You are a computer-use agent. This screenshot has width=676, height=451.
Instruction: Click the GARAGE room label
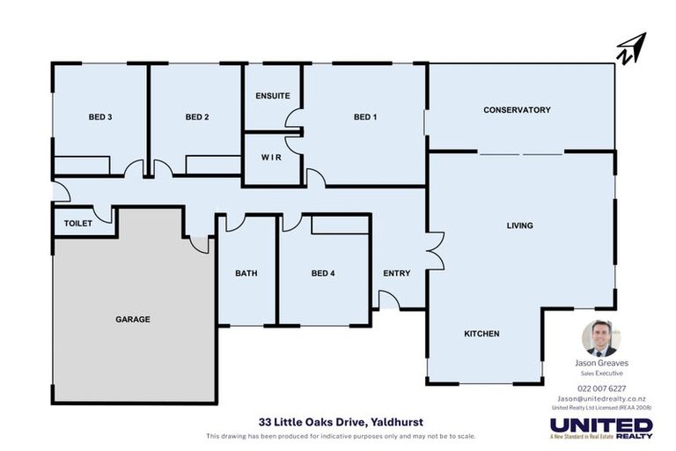[133, 319]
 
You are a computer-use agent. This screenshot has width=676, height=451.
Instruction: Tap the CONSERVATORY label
[517, 110]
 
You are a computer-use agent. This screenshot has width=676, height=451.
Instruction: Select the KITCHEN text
[481, 334]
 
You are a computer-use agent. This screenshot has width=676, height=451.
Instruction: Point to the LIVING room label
[519, 225]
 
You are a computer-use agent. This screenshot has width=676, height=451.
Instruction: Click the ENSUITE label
[273, 96]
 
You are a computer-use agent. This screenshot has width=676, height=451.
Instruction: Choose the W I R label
[271, 158]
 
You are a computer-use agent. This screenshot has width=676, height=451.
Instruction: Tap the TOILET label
[77, 224]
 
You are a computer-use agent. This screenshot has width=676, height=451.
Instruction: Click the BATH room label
[246, 273]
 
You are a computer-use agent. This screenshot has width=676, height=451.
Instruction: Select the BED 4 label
[323, 273]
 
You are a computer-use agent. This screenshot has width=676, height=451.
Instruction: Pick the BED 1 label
[365, 117]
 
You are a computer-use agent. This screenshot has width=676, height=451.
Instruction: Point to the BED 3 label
[99, 117]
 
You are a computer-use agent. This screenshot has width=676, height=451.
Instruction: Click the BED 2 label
[196, 117]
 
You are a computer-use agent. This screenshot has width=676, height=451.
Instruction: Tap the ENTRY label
[397, 273]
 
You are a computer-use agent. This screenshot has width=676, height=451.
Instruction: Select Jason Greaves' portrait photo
[602, 338]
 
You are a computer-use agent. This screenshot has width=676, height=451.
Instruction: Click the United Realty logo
[602, 428]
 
